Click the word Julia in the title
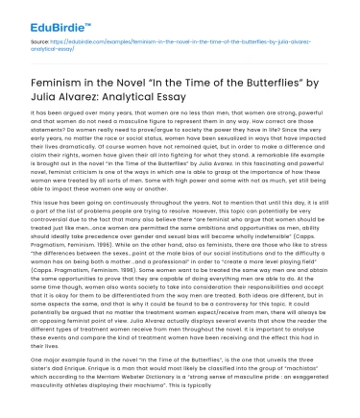(50, 104)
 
